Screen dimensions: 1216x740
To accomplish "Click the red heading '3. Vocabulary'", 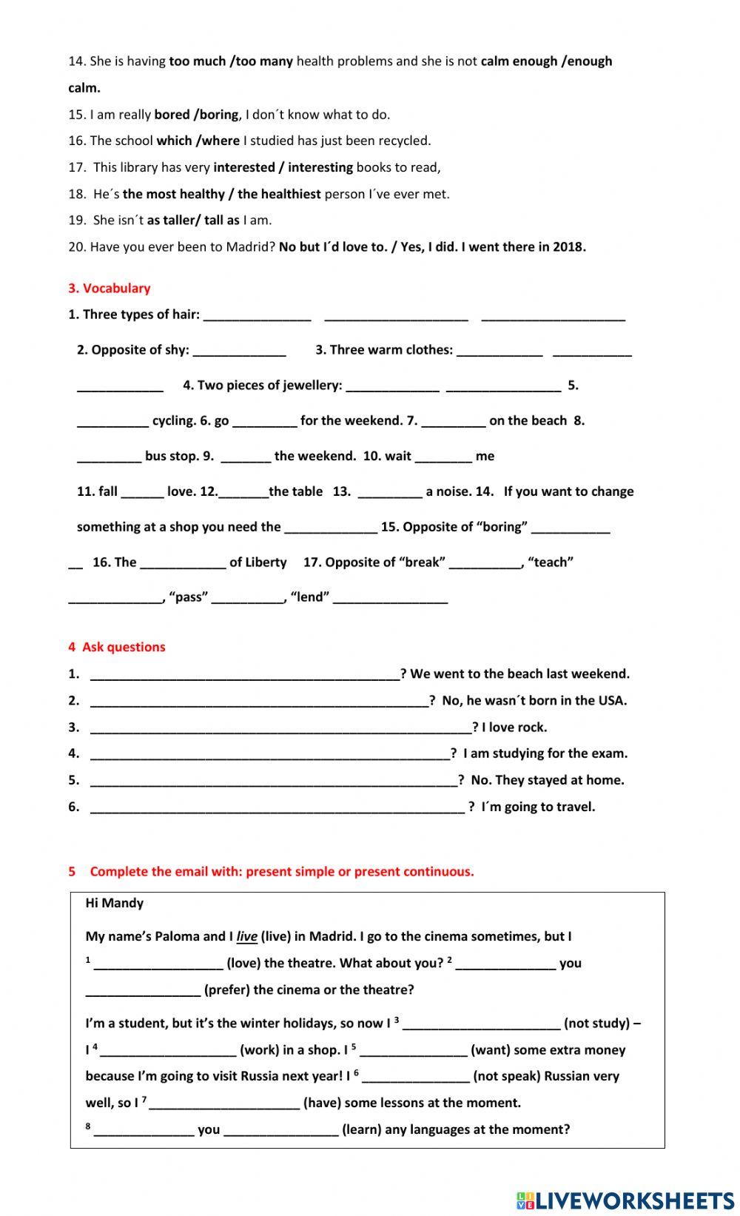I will tap(110, 288).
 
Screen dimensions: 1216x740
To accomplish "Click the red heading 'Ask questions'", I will tap(124, 647).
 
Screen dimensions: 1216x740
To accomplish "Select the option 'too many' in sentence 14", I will tap(264, 61).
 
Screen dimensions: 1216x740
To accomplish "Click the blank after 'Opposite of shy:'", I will tap(239, 351).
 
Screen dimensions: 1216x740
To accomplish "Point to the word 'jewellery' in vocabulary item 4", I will tap(312, 386).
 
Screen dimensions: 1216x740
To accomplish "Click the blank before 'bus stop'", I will tap(109, 457).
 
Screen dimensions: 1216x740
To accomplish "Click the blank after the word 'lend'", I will tap(390, 599).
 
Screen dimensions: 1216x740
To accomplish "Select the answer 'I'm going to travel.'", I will tap(538, 807).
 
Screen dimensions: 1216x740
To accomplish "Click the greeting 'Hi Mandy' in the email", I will tap(115, 903).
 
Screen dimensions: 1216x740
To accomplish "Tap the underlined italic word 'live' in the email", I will tap(246, 937).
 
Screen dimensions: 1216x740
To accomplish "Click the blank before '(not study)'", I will tap(481, 1024).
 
